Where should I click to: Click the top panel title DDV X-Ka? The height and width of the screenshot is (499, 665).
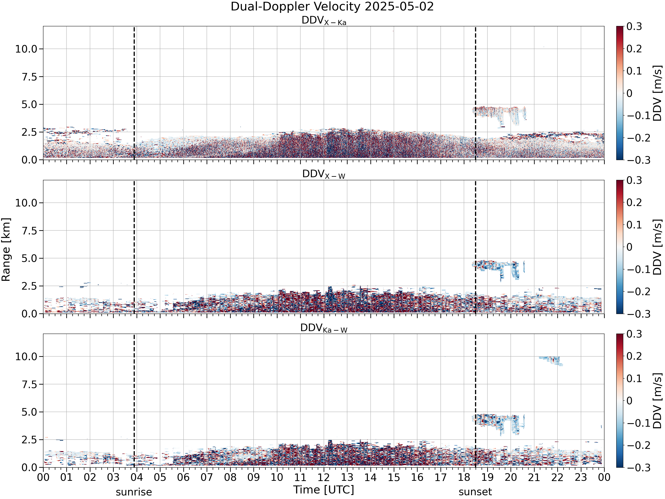(324, 21)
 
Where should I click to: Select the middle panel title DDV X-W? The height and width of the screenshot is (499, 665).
(324, 175)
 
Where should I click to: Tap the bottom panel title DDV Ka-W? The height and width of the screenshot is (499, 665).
(324, 328)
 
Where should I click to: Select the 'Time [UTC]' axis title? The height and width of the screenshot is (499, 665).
(324, 490)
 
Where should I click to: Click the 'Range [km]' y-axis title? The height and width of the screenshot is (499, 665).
(6, 250)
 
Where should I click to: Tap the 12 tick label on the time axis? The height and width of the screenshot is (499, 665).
(324, 477)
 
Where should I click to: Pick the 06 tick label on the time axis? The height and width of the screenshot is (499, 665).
(183, 477)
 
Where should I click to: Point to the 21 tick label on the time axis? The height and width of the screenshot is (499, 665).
(534, 477)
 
